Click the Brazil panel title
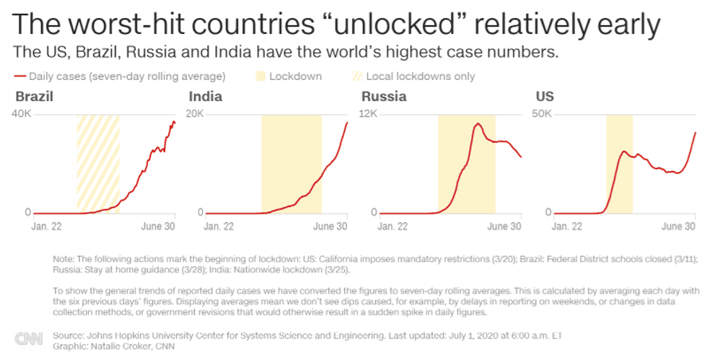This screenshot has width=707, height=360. (35, 97)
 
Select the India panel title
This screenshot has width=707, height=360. (205, 97)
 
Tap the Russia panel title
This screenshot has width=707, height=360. (383, 97)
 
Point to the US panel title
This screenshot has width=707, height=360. (545, 97)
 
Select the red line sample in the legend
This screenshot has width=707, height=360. (19, 76)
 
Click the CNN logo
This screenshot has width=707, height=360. (28, 338)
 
